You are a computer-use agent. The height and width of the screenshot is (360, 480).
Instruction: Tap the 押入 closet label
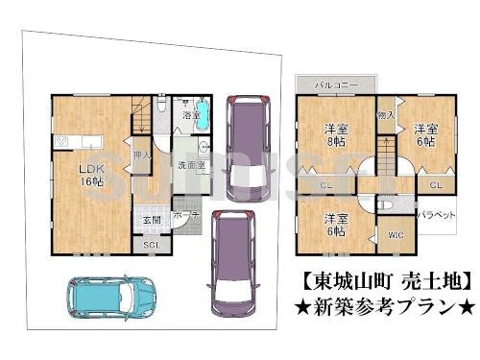140,153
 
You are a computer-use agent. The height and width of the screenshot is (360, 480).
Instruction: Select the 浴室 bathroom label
190,115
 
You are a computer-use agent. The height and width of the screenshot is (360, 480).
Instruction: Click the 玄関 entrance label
152,219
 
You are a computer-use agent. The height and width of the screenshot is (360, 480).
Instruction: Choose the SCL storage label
152,246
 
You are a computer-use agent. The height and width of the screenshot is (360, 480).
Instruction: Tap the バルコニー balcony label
337,85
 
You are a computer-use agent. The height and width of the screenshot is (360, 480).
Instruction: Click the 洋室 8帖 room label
335,134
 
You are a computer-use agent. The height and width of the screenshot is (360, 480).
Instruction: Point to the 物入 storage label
386,115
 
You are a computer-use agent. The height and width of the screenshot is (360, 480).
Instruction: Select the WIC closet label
396,235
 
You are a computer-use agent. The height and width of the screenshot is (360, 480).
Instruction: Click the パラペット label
437,216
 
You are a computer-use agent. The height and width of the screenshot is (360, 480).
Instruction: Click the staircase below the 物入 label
384,152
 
